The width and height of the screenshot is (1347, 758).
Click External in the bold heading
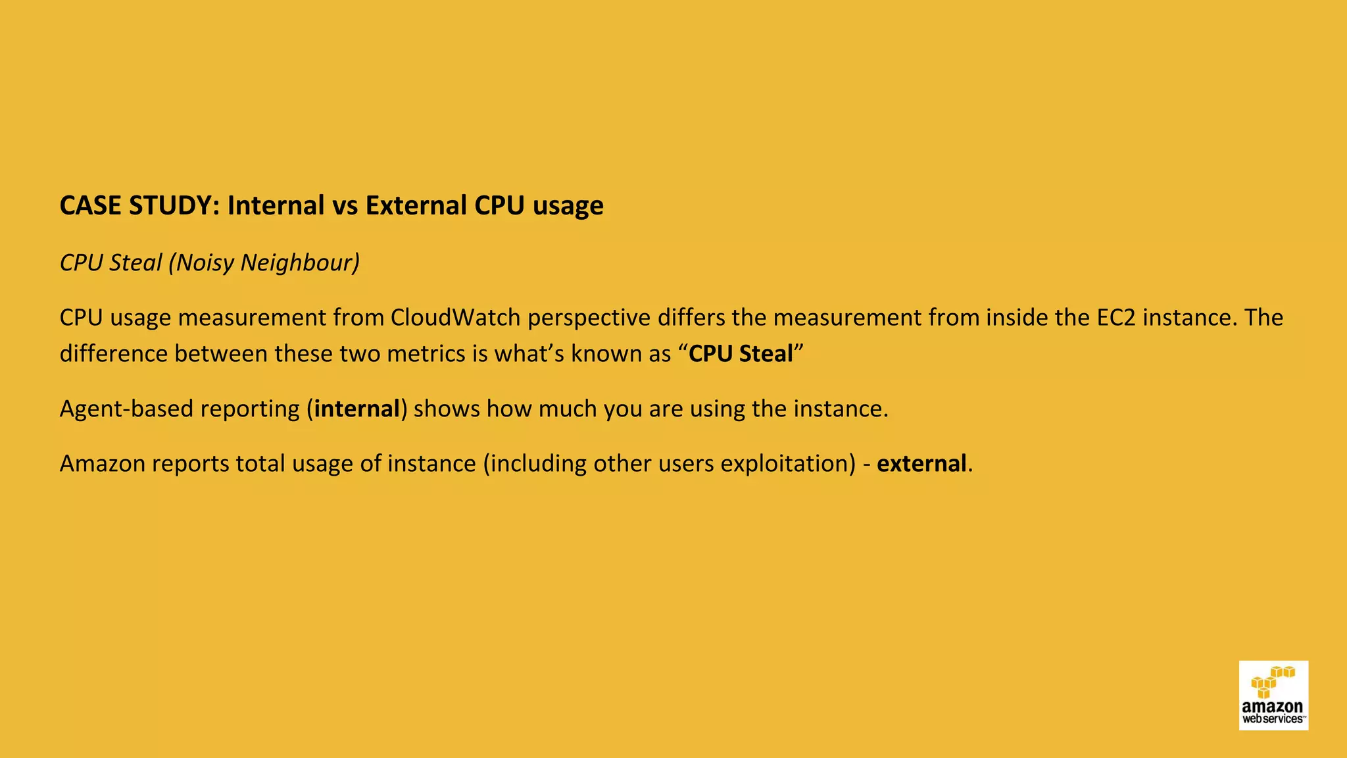[416, 206]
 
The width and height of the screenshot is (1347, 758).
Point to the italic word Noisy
[205, 263]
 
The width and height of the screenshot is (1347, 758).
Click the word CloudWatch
[455, 318]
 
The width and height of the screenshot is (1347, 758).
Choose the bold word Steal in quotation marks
[766, 354]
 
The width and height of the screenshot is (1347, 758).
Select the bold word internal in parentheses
[356, 409]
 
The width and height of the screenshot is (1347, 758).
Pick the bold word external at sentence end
[921, 464]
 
